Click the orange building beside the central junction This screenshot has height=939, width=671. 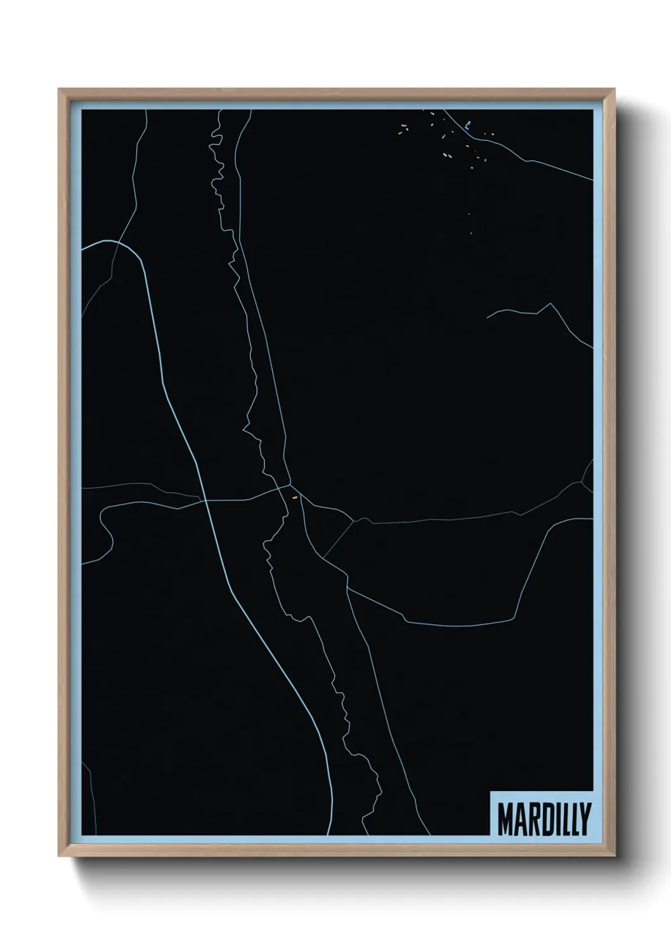294,498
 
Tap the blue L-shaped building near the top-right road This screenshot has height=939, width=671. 467,125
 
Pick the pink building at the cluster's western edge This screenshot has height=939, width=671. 400,132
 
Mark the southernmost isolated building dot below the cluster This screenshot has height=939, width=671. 471,233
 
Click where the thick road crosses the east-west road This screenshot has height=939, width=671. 205,501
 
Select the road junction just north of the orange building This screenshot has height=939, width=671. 290,486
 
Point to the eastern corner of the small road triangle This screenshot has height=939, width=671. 353,522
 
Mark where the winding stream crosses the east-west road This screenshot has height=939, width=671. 279,492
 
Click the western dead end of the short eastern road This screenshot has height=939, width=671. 486,317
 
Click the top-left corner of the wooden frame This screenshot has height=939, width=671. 59,89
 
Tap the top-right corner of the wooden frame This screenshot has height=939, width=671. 616,89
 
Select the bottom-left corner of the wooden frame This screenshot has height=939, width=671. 59,857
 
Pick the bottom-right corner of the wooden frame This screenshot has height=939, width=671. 616,857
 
